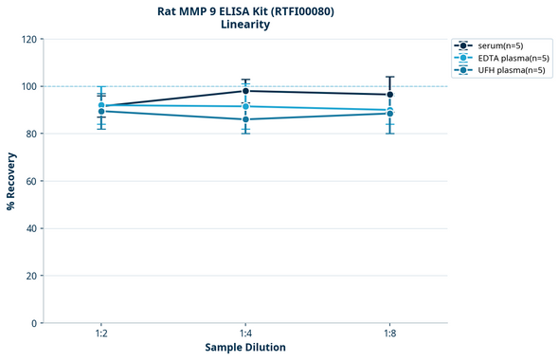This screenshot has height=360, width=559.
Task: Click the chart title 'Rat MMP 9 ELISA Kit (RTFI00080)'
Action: pos(245,11)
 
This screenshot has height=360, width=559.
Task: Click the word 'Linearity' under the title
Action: pos(245,25)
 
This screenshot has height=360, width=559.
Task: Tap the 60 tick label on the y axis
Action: pos(30,181)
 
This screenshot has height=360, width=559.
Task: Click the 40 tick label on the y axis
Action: pos(30,228)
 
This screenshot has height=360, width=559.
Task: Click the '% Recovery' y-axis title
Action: pos(11,181)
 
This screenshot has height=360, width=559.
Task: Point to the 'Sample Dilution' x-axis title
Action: pos(245,348)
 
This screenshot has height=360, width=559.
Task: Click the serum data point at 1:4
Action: pos(245,91)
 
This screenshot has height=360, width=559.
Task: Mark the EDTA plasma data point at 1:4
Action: pos(245,106)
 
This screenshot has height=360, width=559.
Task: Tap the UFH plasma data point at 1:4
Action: pos(245,119)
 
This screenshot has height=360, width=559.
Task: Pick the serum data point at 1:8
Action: pos(389,95)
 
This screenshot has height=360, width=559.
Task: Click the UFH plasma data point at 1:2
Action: pos(101,112)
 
